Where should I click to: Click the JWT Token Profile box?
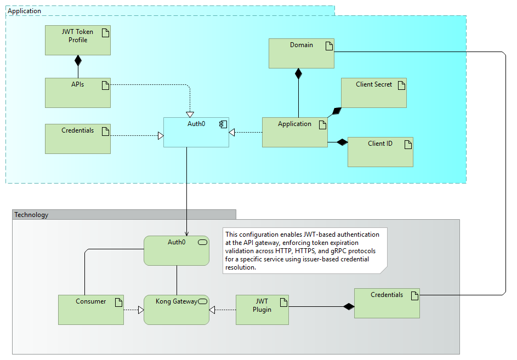77,40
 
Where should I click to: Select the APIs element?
77,93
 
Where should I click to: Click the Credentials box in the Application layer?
77,139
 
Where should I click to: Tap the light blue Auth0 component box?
196,132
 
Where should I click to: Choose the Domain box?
301,53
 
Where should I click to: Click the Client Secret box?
373,93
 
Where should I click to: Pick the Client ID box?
380,152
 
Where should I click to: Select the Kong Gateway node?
176,310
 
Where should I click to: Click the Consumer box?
90,310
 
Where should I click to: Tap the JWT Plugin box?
262,310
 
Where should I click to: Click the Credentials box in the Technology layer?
387,303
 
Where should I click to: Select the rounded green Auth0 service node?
176,250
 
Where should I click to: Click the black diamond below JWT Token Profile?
78,60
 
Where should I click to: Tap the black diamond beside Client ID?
342,142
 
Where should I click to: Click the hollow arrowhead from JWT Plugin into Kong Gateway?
213,310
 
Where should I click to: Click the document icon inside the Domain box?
329,46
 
